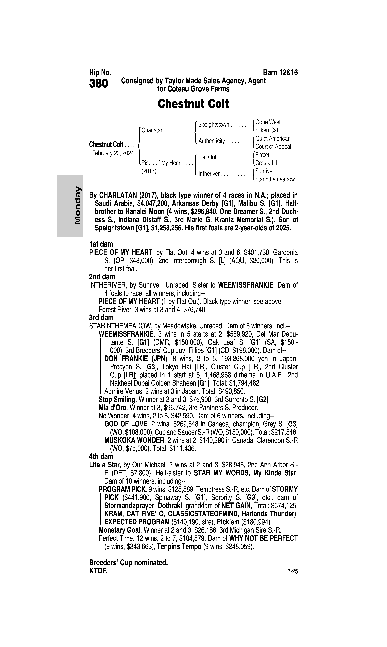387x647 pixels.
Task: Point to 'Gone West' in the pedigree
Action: point(268,122)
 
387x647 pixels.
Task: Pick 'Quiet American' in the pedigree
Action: point(273,138)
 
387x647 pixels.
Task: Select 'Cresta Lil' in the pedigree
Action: point(266,163)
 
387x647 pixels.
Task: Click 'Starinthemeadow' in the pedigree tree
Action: point(275,179)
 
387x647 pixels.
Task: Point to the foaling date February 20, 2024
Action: point(113,153)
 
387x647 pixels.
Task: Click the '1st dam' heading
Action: point(101,244)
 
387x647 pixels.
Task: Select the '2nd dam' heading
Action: point(102,277)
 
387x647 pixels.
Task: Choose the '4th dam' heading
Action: point(101,456)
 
